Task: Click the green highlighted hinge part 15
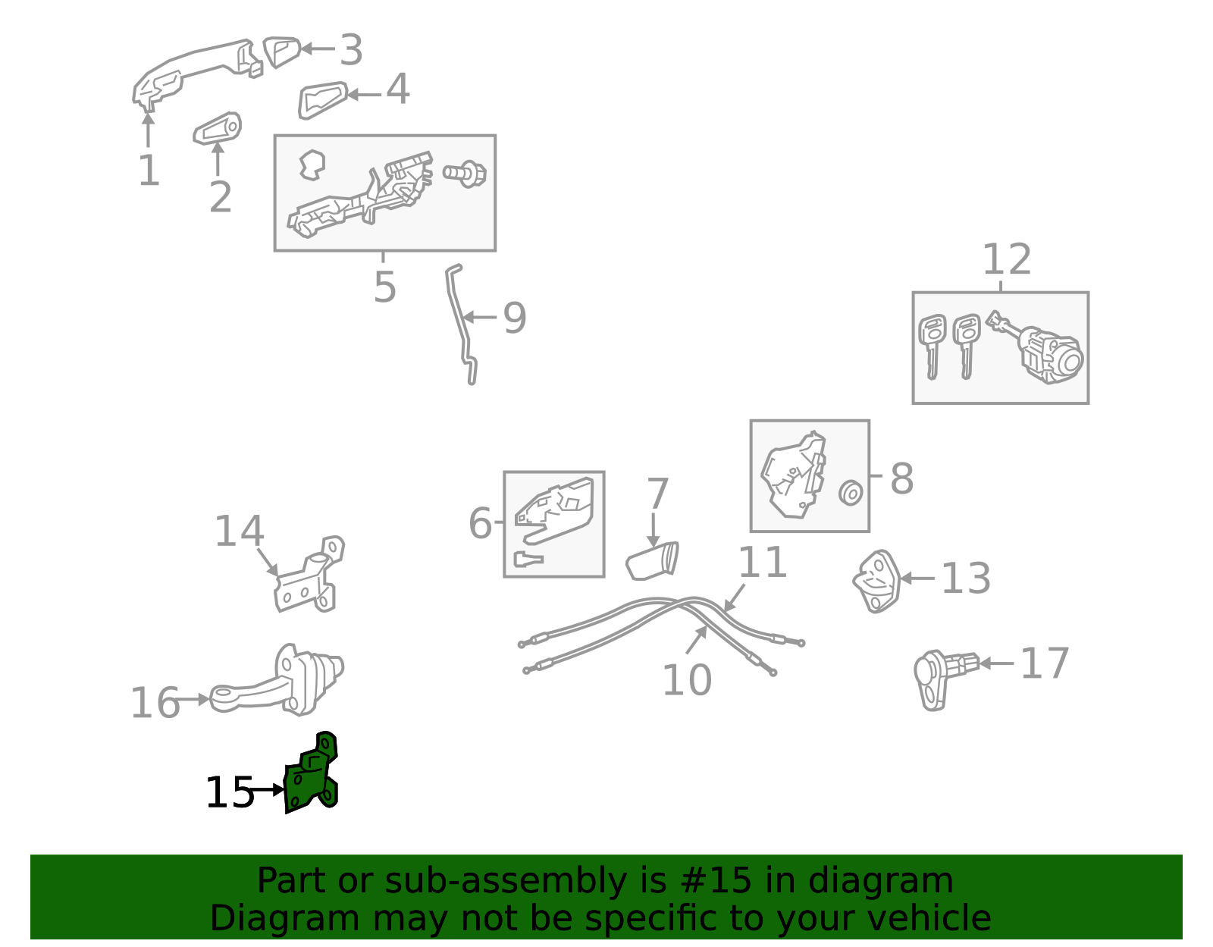point(311,777)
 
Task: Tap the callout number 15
point(229,793)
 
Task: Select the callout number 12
point(1006,260)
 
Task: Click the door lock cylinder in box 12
point(1050,353)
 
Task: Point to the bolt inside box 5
point(464,174)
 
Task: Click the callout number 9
point(515,318)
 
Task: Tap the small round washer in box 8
point(851,493)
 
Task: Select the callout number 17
point(1044,663)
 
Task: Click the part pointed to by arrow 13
point(876,580)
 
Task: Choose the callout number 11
point(762,563)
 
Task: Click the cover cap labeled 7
point(652,561)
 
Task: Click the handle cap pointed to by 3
point(281,50)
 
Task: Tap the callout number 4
point(398,89)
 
